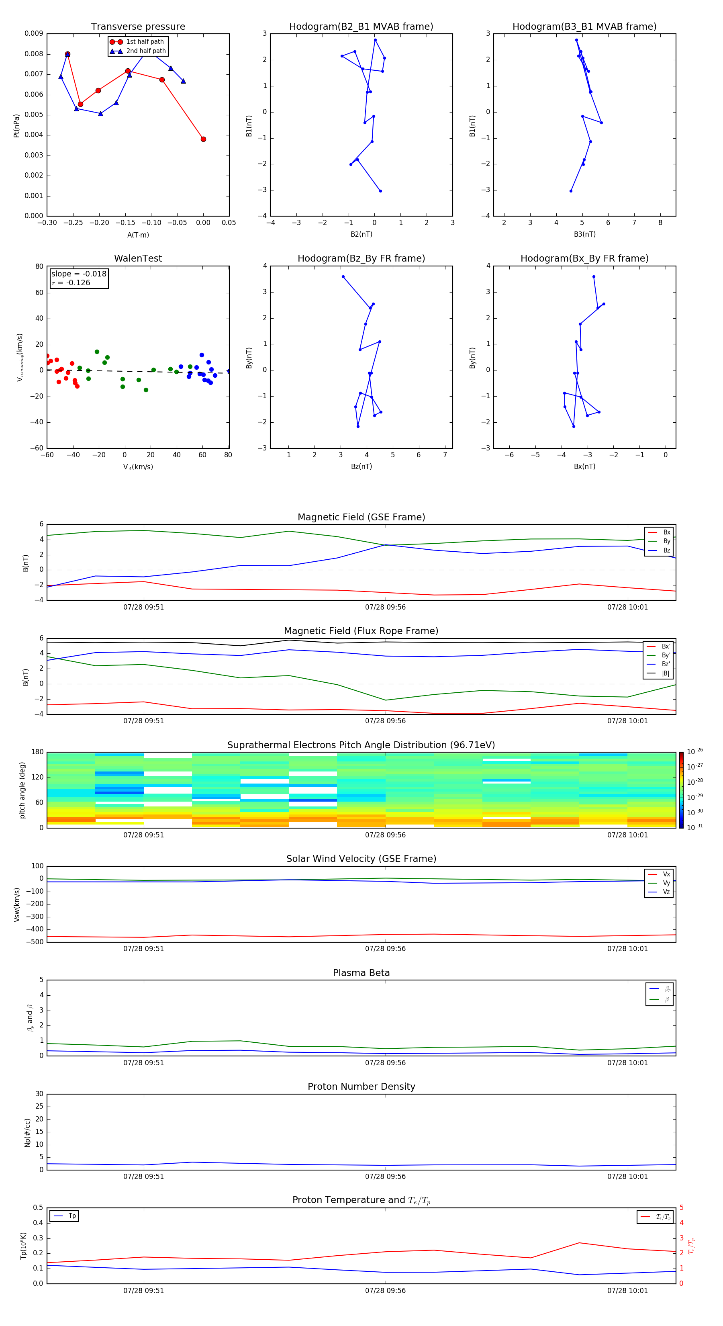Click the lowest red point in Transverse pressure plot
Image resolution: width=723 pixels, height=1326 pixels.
203,139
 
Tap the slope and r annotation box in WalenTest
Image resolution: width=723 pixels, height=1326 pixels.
79,278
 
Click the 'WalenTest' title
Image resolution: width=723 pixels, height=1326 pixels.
138,258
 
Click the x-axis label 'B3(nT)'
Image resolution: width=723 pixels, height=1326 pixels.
584,234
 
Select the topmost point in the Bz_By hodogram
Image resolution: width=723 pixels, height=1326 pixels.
343,277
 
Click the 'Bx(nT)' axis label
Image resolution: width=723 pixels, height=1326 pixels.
584,467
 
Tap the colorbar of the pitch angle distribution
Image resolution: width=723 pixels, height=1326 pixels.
681,790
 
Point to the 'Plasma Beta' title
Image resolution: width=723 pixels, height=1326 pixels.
361,973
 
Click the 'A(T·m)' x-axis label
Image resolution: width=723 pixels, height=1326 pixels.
138,235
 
